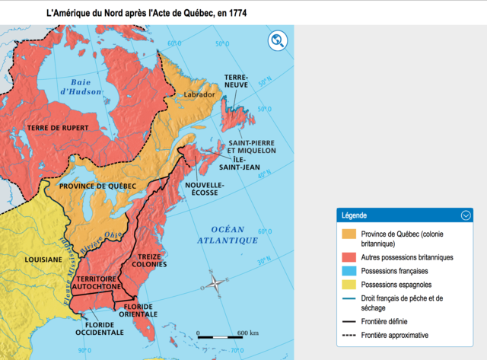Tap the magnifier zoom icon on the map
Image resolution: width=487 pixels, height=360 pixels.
(278, 41)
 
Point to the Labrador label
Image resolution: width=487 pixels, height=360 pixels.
(200, 94)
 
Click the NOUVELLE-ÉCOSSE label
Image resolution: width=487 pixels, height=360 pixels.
(205, 189)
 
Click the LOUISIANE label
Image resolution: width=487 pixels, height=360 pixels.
(43, 260)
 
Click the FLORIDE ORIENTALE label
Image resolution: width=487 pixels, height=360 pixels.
(138, 310)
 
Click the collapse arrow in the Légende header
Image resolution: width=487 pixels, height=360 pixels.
(466, 215)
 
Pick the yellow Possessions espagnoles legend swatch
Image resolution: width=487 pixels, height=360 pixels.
(350, 284)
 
